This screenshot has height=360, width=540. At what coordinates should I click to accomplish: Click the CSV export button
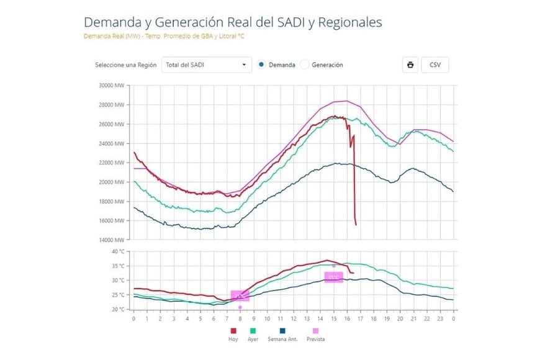(x=434, y=65)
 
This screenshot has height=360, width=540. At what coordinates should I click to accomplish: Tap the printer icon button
(x=410, y=65)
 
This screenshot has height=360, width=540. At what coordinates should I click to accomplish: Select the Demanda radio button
(x=261, y=65)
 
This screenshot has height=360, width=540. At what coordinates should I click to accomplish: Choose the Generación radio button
(x=305, y=65)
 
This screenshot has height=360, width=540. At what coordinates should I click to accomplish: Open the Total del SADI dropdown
(x=206, y=65)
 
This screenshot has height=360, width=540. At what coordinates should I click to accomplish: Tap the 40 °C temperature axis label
(x=118, y=251)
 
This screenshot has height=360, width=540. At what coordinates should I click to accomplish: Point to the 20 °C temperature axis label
(x=118, y=309)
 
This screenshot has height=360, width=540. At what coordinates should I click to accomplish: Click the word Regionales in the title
(x=349, y=22)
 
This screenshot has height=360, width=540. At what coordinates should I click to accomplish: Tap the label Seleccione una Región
(x=125, y=65)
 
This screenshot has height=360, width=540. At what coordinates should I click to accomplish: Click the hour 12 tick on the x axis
(x=294, y=318)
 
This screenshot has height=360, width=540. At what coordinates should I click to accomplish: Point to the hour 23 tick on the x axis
(x=441, y=318)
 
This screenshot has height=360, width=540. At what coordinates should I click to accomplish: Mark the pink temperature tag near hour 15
(x=334, y=277)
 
